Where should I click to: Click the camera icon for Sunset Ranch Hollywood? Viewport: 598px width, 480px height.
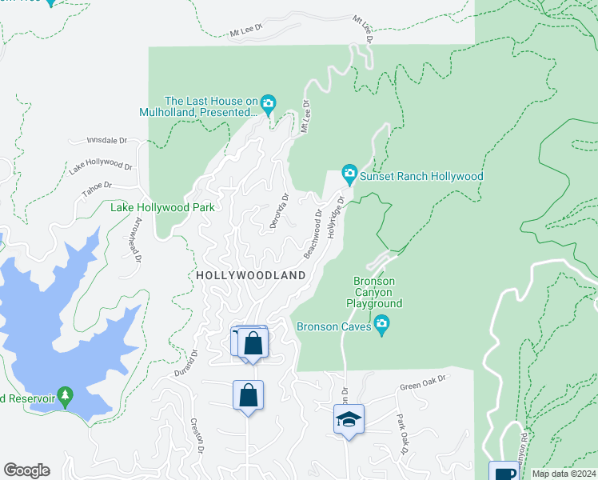[349, 173]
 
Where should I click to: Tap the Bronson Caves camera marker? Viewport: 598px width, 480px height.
[382, 326]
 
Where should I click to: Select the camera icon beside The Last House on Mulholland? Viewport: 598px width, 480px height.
[268, 102]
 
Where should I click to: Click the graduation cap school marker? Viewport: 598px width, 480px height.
[349, 419]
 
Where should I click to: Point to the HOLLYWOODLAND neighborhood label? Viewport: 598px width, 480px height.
[251, 275]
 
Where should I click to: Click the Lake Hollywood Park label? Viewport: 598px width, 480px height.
[162, 207]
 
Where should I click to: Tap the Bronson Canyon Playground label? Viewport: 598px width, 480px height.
[374, 292]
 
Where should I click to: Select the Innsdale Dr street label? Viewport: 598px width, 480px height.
[108, 141]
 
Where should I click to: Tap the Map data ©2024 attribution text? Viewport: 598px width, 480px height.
[563, 474]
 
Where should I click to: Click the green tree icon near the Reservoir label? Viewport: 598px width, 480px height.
[66, 395]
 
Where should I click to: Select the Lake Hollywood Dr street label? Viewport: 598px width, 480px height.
[101, 166]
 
